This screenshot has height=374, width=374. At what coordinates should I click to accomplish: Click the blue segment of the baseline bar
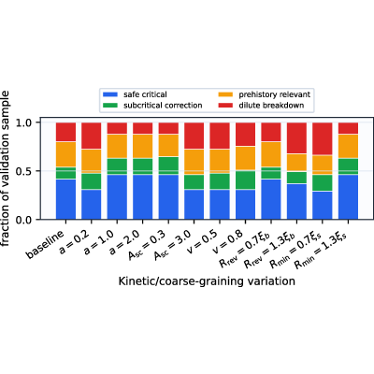pyautogui.click(x=65, y=199)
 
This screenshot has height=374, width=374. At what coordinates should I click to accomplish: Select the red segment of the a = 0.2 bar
pyautogui.click(x=92, y=136)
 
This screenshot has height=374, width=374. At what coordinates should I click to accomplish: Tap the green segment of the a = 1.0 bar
pyautogui.click(x=117, y=166)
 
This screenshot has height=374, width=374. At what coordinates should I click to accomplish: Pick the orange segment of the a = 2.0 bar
pyautogui.click(x=143, y=147)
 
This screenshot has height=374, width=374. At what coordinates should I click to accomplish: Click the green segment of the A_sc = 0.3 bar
pyautogui.click(x=168, y=165)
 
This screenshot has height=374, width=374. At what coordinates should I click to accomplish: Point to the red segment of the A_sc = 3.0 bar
pyautogui.click(x=194, y=136)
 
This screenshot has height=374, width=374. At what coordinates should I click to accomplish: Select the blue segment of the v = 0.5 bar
pyautogui.click(x=220, y=205)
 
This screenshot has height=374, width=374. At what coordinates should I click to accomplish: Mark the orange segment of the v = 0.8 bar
pyautogui.click(x=245, y=158)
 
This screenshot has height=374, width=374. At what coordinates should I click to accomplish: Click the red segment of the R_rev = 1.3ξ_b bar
pyautogui.click(x=296, y=138)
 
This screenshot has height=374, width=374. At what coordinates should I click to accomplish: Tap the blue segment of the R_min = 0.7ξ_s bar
pyautogui.click(x=322, y=206)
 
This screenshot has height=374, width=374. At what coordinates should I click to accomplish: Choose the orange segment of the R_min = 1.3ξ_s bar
pyautogui.click(x=348, y=147)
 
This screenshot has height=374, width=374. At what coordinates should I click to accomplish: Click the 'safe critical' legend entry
pyautogui.click(x=135, y=94)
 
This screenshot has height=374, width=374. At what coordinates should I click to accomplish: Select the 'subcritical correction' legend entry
pyautogui.click(x=152, y=106)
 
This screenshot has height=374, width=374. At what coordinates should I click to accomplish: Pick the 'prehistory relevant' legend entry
pyautogui.click(x=265, y=94)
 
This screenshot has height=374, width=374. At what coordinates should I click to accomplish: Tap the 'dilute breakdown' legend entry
pyautogui.click(x=261, y=106)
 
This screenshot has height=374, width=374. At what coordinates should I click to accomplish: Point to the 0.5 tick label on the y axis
pyautogui.click(x=28, y=171)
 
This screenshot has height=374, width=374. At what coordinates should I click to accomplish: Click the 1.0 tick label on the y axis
pyautogui.click(x=28, y=122)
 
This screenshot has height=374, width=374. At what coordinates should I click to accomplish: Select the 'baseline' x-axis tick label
pyautogui.click(x=45, y=244)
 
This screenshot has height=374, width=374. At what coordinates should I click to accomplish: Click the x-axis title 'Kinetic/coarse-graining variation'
pyautogui.click(x=207, y=281)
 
